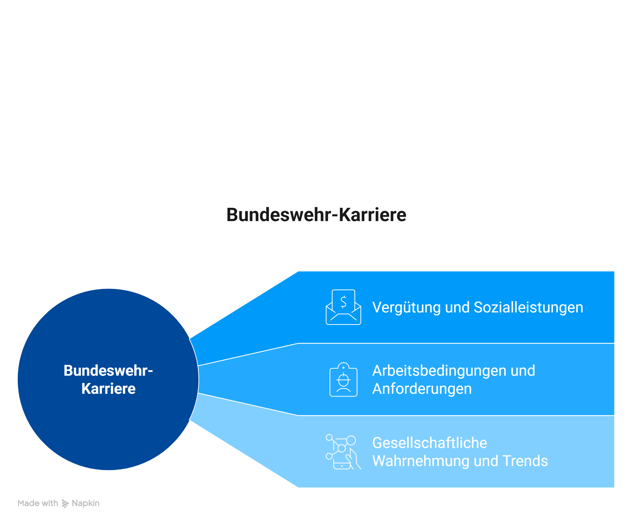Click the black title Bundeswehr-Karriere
pyautogui.click(x=316, y=215)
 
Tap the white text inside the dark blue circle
pyautogui.click(x=108, y=379)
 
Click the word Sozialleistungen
pyautogui.click(x=528, y=308)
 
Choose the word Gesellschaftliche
pyautogui.click(x=430, y=443)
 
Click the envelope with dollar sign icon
pyautogui.click(x=343, y=307)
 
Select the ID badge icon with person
pyautogui.click(x=343, y=379)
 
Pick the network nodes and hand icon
pyautogui.click(x=343, y=452)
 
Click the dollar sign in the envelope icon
pyautogui.click(x=343, y=302)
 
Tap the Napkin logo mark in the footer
pyautogui.click(x=65, y=503)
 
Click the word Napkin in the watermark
pyautogui.click(x=86, y=503)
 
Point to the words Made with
pyautogui.click(x=38, y=503)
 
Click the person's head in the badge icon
pyautogui.click(x=343, y=380)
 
